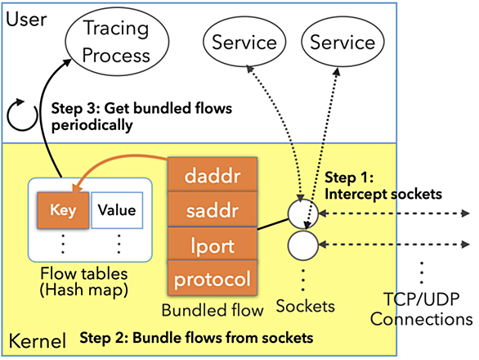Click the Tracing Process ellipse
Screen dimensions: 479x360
pos(117,42)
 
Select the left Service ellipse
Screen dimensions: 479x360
pos(244,42)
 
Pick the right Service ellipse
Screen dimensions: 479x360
pos(342,42)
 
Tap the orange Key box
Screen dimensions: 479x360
pos(63,210)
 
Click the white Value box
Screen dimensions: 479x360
pos(117,210)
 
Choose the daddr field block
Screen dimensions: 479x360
pos(213,175)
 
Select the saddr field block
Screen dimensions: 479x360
pos(213,209)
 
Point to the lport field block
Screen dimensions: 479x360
pos(213,244)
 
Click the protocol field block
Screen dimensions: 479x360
pos(213,278)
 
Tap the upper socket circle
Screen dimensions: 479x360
pos(303,214)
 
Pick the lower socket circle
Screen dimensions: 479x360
pos(303,245)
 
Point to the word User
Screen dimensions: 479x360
pos(26,20)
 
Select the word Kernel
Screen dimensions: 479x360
pos(38,340)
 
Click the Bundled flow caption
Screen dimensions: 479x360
pos(213,310)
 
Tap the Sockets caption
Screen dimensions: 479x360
pos(306,306)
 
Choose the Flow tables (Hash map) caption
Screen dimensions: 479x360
pos(84,282)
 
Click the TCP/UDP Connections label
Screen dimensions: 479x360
pos(422,309)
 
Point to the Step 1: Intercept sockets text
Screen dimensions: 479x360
pos(383,186)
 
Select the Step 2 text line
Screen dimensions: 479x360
pos(196,338)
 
